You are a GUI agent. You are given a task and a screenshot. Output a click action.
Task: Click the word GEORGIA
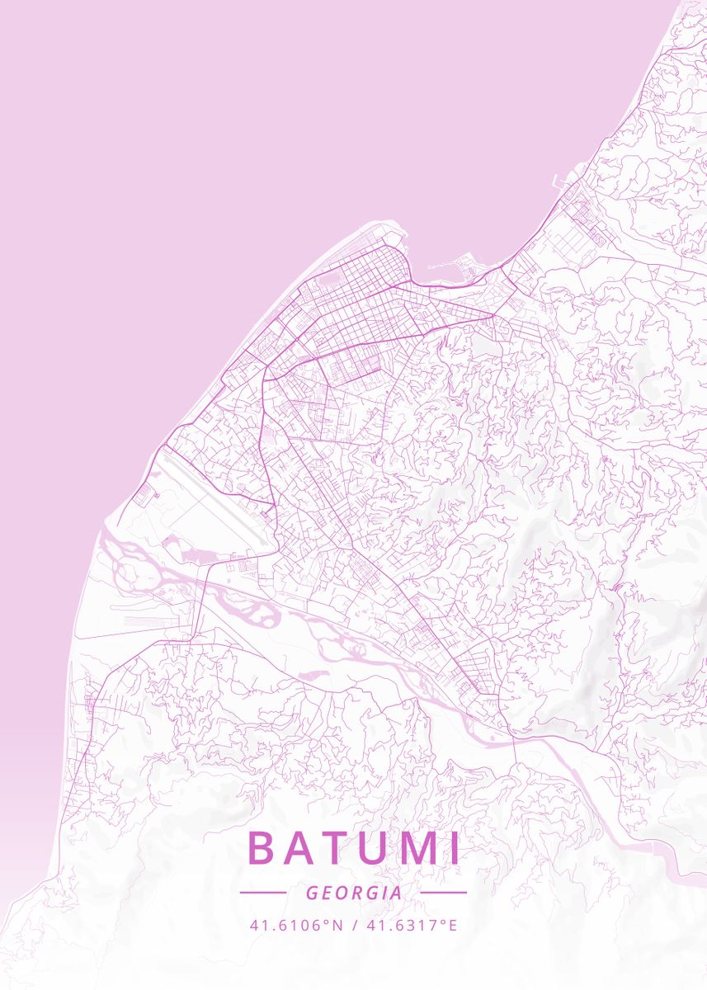coord(354,893)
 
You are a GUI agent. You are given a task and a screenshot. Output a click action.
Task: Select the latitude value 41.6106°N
coord(295,926)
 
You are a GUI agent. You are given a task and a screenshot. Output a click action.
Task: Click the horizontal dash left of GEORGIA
coord(262,892)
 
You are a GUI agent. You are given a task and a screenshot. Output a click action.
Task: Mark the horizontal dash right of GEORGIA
coord(444,892)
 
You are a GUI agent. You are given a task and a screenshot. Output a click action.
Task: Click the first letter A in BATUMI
coord(297,848)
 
